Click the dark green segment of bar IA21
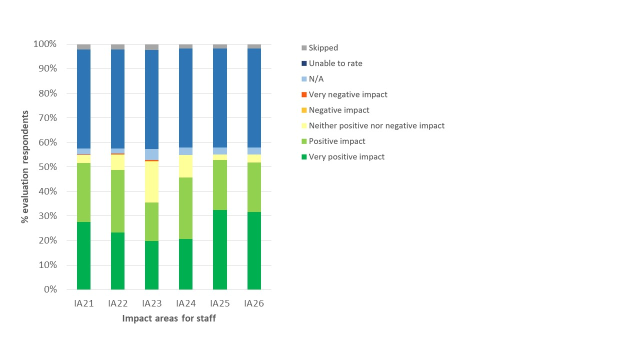tap(83, 255)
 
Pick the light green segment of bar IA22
tap(117, 201)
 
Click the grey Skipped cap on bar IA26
tap(254, 46)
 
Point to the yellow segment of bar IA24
tap(185, 166)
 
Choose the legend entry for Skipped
tap(323, 48)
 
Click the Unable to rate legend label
tap(335, 63)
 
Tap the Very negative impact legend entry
tap(347, 94)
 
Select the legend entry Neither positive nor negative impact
tap(376, 125)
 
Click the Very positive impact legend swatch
tap(304, 157)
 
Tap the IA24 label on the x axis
tap(185, 303)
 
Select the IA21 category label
tap(83, 303)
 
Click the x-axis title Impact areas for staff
tap(169, 318)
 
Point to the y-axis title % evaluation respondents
tap(25, 167)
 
